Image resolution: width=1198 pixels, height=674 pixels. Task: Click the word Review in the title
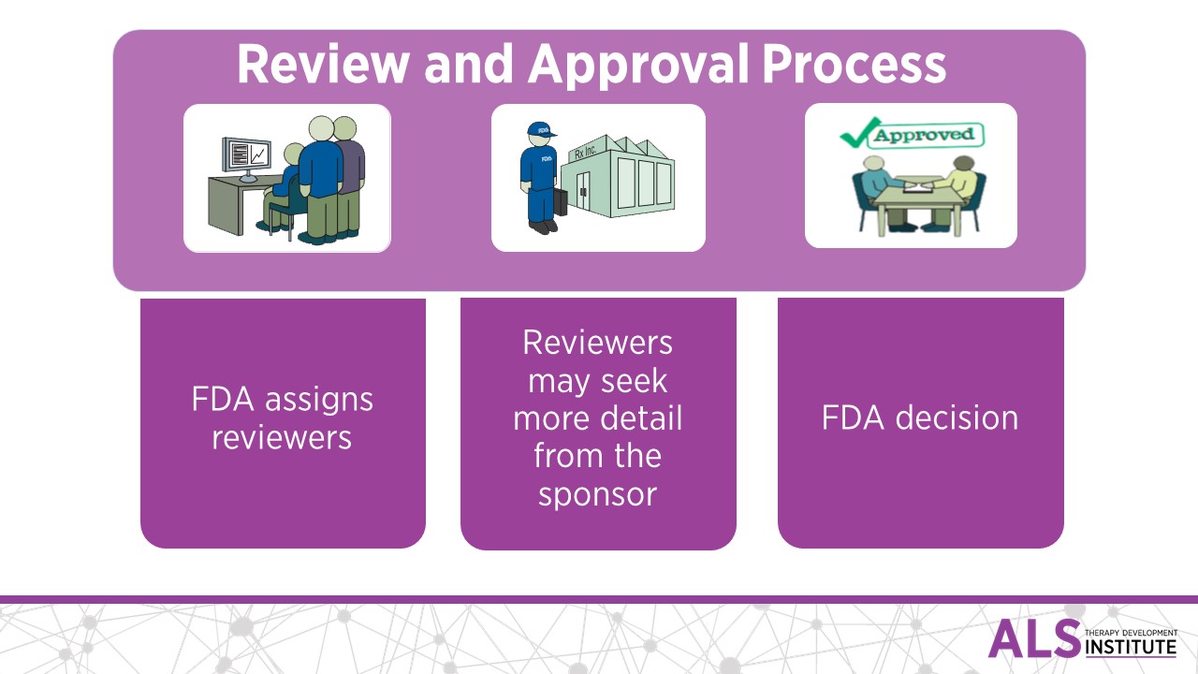click(x=321, y=65)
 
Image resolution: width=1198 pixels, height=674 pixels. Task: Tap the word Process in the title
click(x=853, y=65)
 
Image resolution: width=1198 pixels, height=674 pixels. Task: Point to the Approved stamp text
click(x=923, y=135)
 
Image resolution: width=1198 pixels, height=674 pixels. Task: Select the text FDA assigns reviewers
click(x=282, y=418)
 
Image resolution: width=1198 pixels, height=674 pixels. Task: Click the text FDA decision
click(x=919, y=418)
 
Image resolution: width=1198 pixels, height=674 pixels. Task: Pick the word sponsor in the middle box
click(x=597, y=494)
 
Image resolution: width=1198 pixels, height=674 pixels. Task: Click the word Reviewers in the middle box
click(x=597, y=343)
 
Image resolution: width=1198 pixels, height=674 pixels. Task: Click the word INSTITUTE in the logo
click(x=1131, y=646)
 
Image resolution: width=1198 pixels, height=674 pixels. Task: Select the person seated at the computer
click(x=285, y=187)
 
